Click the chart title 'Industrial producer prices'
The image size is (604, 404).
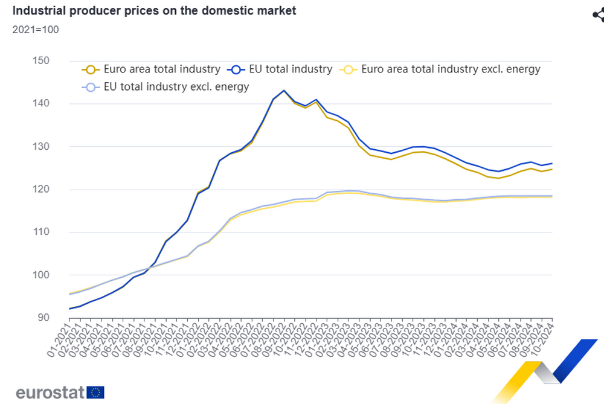click(154, 11)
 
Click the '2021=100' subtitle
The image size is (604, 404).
click(35, 30)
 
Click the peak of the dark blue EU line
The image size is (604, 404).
click(283, 91)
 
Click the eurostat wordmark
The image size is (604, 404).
click(50, 393)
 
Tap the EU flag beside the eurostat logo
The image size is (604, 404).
click(95, 393)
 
